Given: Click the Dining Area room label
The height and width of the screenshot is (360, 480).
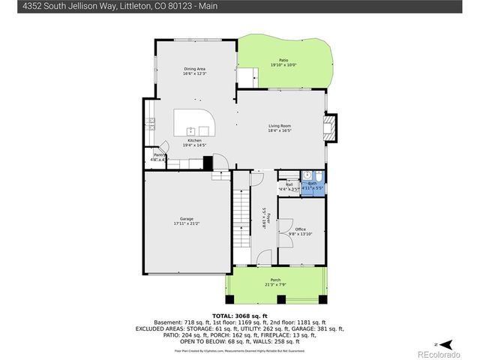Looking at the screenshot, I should click(194, 69).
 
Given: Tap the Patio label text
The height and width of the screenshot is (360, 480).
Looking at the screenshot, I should click(283, 60).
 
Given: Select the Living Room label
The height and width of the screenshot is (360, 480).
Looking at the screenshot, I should click(280, 125).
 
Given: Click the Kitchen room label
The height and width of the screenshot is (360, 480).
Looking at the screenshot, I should click(194, 140).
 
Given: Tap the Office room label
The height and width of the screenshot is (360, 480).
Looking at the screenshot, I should click(300, 229).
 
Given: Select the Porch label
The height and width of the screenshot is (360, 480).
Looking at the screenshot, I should click(274, 280).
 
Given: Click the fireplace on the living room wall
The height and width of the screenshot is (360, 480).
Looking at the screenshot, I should click(331, 127).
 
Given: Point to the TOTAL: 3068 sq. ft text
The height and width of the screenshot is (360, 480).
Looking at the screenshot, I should click(239, 316).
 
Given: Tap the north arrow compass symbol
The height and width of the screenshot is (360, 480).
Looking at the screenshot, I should click(445, 343).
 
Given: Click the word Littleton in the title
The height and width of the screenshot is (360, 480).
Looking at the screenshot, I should click(122, 6).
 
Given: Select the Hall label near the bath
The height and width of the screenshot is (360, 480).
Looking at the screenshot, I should click(288, 184).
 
